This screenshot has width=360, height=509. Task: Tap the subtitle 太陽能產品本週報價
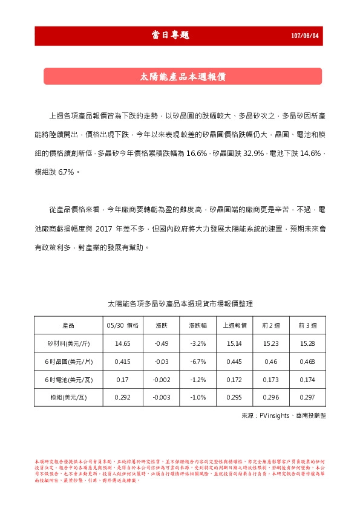183,77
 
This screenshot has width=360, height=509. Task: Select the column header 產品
68,325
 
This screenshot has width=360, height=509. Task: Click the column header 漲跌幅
198,325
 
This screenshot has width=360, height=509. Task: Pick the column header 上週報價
235,325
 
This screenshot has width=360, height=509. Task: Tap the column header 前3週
308,325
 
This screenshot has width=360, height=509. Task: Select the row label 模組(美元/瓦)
68,398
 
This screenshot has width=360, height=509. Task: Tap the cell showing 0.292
123,398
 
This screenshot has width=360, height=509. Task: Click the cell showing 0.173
271,380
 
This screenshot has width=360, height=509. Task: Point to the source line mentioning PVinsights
283,417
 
